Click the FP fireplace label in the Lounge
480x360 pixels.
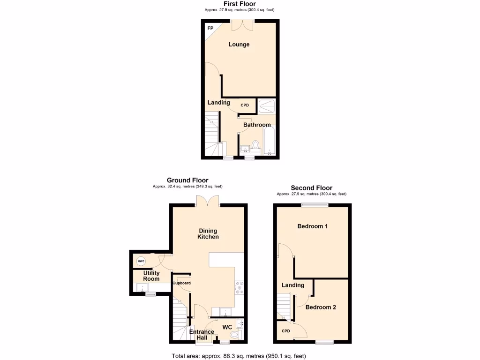coord(210,28)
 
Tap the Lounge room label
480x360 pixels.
coord(239,45)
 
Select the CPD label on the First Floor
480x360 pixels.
coord(245,105)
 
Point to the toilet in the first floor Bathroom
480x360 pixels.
coord(256,145)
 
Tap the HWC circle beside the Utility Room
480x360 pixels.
coord(141,261)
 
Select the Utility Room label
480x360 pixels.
coord(151,276)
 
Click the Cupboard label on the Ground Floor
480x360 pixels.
coord(182,283)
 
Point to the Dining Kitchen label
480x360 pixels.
coord(208,233)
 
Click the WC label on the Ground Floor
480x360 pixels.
coord(227,327)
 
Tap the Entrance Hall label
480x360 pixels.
coord(202,335)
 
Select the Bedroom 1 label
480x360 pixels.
coord(313,226)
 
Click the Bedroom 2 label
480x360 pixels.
coord(321,307)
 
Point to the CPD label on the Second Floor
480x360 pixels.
coord(286,331)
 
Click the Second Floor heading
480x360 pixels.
coord(311,188)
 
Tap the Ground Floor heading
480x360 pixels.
coord(187,180)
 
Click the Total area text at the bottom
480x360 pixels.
coord(239,356)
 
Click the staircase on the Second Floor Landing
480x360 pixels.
coord(284,305)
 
